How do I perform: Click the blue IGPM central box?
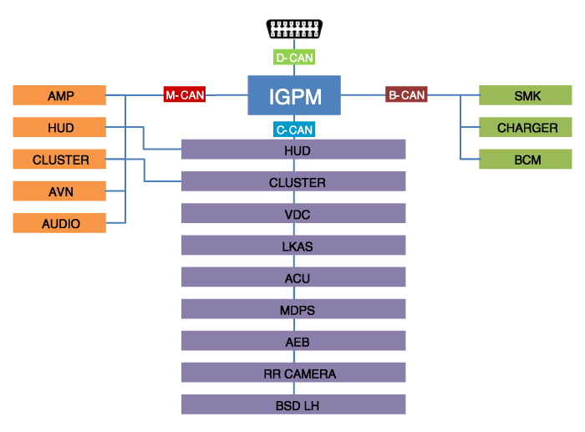[294, 95]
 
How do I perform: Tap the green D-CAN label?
[293, 58]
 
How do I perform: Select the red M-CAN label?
[184, 95]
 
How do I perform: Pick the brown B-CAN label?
[406, 95]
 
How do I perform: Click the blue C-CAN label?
[293, 130]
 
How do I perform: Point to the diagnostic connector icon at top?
[293, 28]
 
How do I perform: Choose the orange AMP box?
[59, 95]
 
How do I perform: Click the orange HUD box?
[59, 127]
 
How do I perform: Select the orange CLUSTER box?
[59, 159]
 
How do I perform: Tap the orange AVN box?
[59, 191]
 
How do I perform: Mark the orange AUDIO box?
[59, 223]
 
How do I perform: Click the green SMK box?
[526, 95]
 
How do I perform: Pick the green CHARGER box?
[526, 127]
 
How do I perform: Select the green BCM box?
[526, 159]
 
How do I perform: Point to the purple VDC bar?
[293, 214]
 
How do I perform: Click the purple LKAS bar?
[293, 246]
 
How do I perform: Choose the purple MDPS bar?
[293, 310]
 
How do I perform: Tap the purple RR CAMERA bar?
[293, 374]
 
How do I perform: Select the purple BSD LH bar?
[293, 405]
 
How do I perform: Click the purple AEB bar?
[293, 342]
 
